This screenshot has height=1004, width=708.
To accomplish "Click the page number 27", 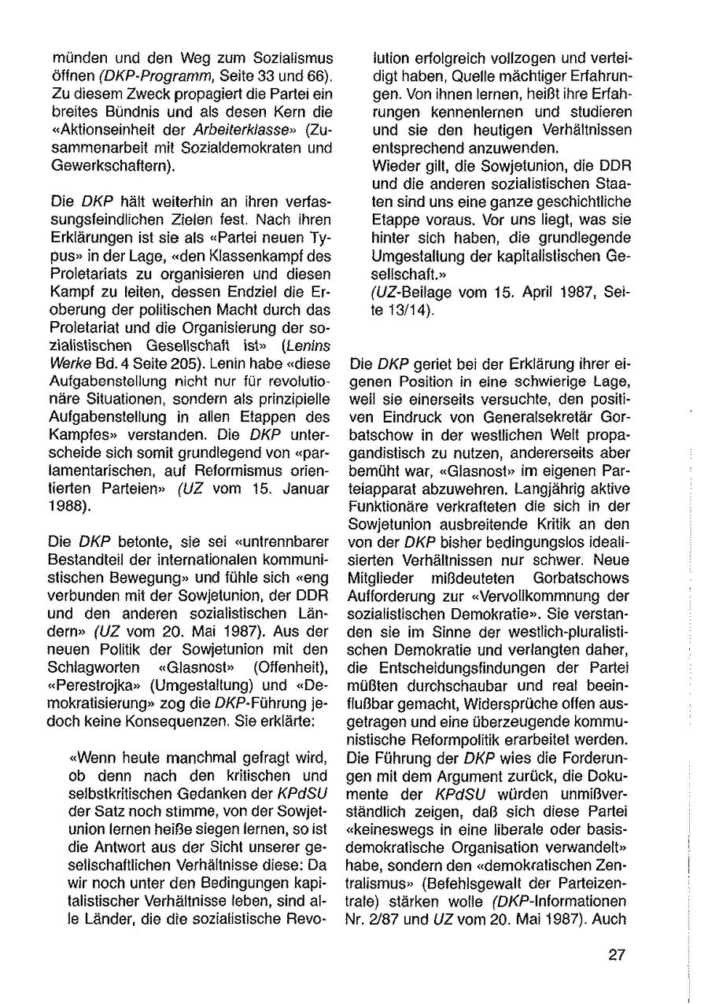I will [x=616, y=956].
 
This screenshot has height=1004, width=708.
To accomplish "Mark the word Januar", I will [x=306, y=489].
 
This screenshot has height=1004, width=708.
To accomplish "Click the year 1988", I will [x=68, y=506].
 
